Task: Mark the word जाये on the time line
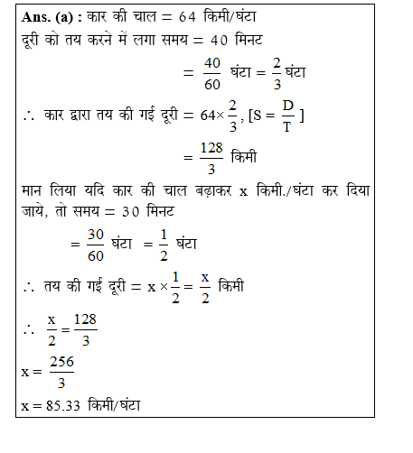click(x=33, y=211)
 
